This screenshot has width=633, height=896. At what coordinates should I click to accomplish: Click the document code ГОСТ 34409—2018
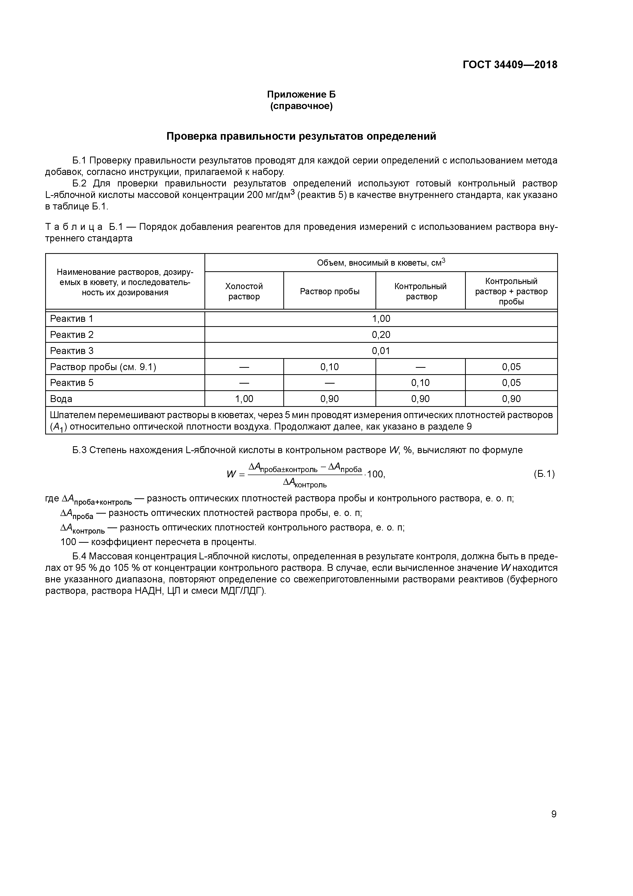click(510, 65)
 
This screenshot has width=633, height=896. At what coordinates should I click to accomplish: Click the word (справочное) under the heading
click(301, 106)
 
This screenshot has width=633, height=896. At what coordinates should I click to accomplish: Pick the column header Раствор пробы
click(329, 291)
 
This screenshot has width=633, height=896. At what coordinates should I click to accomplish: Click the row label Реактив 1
click(72, 319)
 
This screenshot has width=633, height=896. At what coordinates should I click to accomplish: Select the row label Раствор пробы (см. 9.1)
click(103, 367)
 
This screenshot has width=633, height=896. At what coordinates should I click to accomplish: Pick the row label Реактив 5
click(72, 383)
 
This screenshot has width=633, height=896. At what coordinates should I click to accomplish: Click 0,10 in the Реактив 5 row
click(420, 383)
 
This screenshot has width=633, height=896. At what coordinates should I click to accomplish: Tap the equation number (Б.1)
click(544, 474)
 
